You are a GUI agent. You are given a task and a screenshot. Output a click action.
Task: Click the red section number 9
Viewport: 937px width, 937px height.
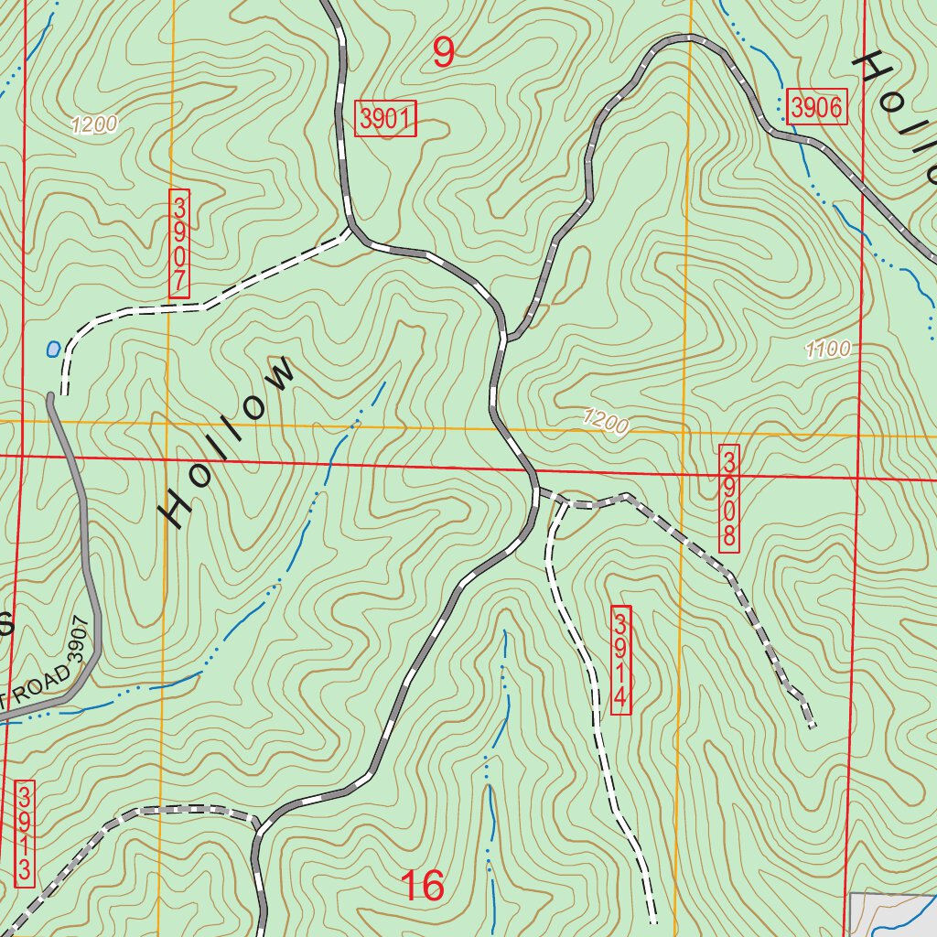click(443, 53)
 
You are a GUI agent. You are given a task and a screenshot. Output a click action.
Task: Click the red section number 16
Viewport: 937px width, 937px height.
click(423, 886)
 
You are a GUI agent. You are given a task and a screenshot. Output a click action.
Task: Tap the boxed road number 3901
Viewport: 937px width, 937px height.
click(386, 119)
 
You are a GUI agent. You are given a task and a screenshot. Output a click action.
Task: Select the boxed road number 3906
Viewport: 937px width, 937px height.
click(816, 108)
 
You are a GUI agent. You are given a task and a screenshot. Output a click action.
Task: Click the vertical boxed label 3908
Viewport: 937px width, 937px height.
click(729, 499)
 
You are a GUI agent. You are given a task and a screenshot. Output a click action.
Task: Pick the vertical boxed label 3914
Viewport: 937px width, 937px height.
click(620, 660)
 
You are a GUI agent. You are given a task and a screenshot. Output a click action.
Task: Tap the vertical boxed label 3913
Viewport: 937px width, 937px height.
click(25, 833)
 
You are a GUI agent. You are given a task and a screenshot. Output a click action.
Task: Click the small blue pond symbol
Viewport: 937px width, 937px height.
click(53, 349)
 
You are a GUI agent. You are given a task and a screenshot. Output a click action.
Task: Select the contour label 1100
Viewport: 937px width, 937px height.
click(828, 348)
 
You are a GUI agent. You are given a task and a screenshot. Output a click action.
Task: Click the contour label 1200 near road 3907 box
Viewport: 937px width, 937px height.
click(93, 125)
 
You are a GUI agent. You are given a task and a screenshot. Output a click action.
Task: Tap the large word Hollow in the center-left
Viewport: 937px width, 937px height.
click(229, 442)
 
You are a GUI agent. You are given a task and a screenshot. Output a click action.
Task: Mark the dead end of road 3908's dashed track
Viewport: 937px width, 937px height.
click(813, 727)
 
